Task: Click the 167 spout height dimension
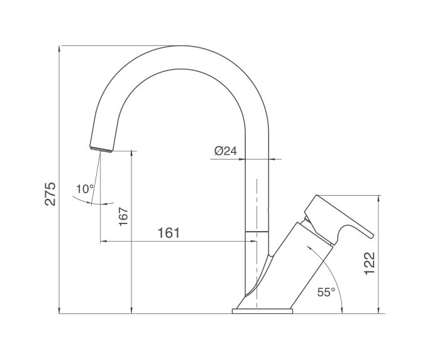123,217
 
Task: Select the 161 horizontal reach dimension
168,233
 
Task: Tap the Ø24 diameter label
224,151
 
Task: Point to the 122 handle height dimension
370,263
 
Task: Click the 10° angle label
84,188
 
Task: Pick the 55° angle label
326,291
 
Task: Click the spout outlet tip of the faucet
102,149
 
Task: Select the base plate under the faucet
263,310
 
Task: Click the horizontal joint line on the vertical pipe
256,232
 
